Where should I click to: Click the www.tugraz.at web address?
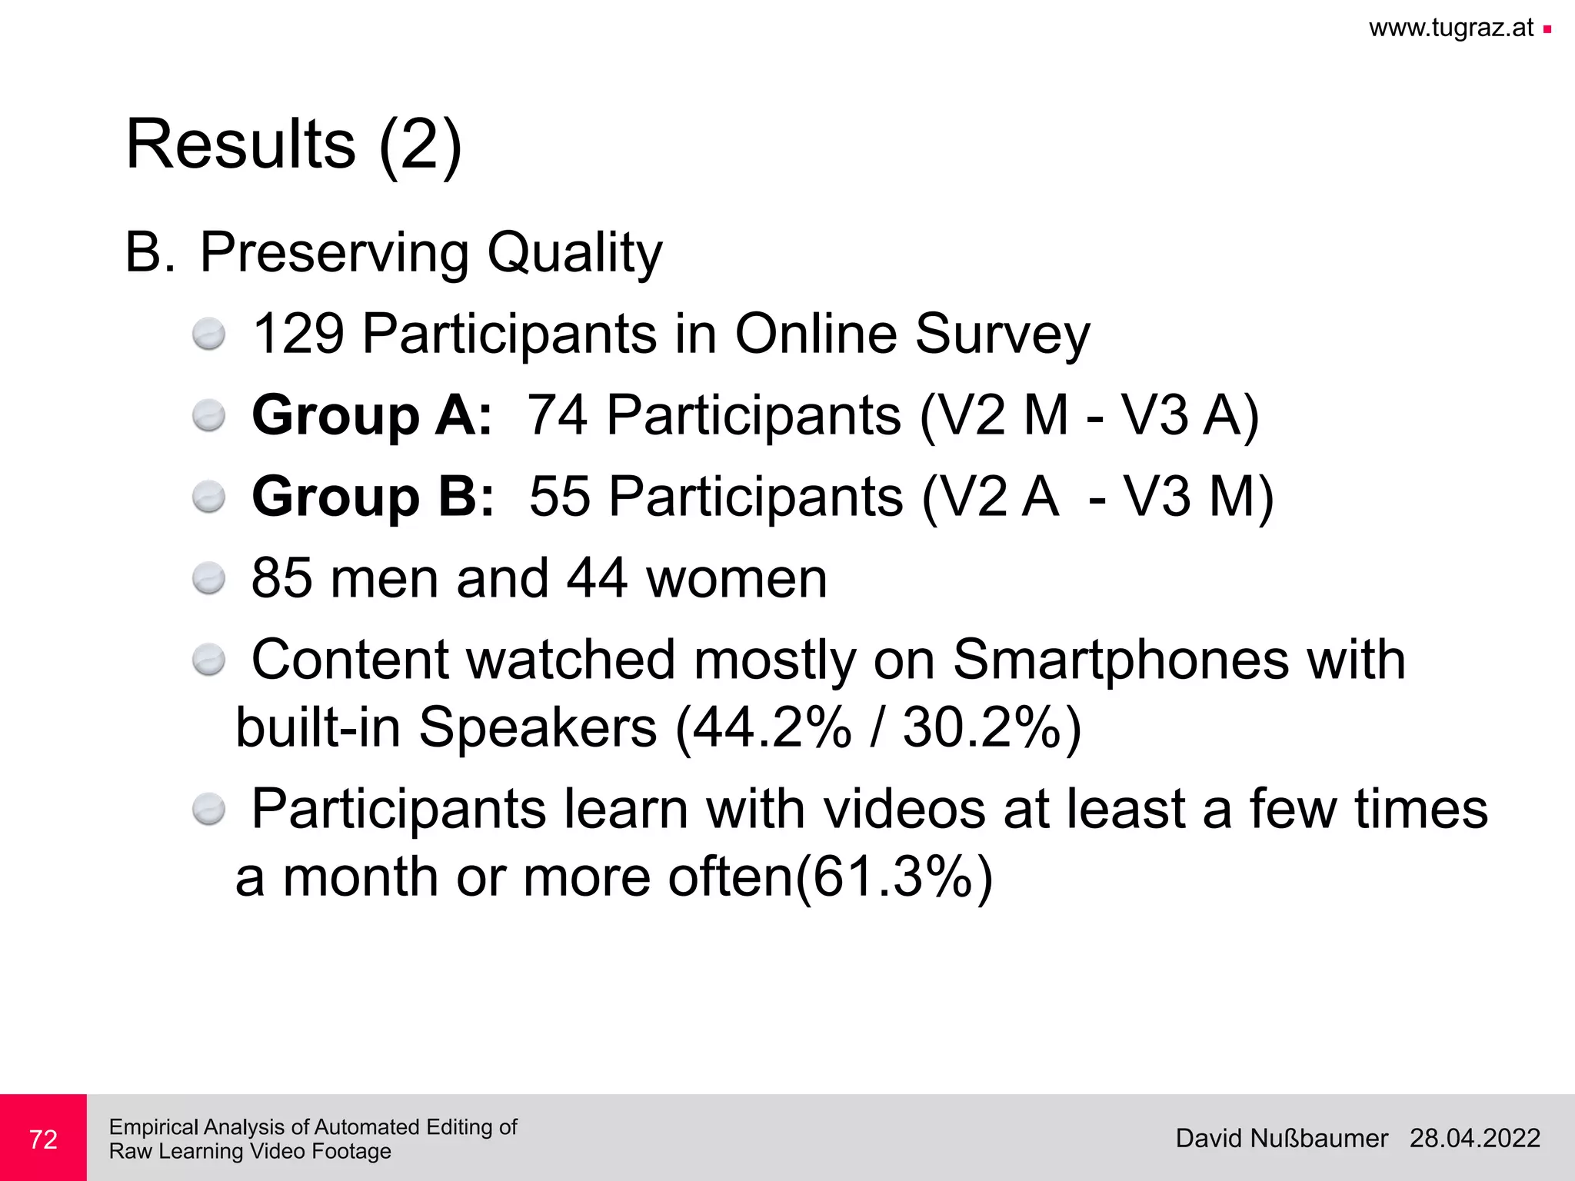tap(1450, 28)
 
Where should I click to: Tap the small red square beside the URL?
tap(1547, 30)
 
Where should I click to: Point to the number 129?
tap(298, 334)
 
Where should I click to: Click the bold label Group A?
tap(371, 415)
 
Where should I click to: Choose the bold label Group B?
tap(373, 497)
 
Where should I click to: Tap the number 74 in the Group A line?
tap(558, 415)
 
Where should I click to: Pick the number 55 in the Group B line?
tap(560, 497)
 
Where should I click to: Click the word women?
tap(736, 578)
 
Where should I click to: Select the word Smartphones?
tap(1120, 660)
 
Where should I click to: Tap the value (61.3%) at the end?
tap(894, 877)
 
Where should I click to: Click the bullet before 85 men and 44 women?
tap(208, 579)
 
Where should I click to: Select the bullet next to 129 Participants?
tap(208, 335)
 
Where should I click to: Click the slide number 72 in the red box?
tap(43, 1139)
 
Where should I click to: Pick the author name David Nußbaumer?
tap(1281, 1139)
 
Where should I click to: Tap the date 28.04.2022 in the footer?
tap(1474, 1139)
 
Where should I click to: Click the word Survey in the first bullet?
tap(1002, 334)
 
